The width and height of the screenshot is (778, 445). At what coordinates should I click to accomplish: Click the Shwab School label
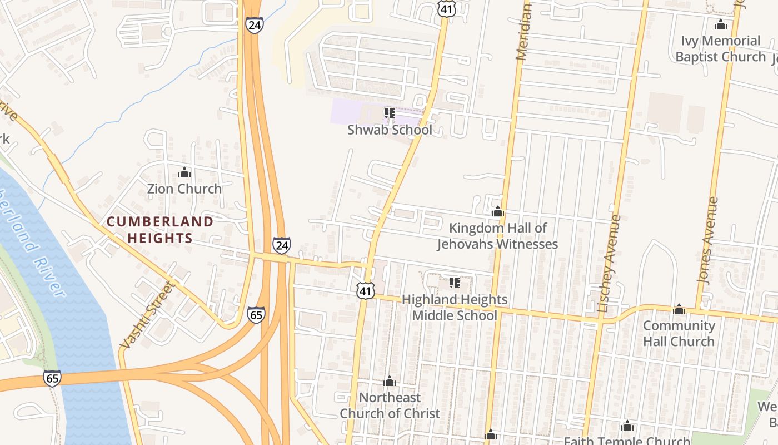point(390,130)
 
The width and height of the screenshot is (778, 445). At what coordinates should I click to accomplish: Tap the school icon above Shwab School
point(390,113)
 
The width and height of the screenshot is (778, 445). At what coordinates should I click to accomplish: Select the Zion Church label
point(184,189)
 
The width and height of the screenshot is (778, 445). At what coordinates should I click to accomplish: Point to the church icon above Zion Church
point(184,173)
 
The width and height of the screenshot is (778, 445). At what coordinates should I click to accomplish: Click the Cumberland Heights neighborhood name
point(160,230)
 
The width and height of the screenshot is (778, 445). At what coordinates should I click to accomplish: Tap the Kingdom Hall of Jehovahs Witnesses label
point(497,236)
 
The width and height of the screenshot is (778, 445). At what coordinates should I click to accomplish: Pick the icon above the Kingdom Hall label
point(498,212)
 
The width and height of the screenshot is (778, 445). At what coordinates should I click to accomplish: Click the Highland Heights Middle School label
point(454,308)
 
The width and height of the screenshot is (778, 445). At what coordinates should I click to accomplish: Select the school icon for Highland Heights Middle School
point(455,283)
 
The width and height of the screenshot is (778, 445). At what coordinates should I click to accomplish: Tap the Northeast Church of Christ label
point(390,406)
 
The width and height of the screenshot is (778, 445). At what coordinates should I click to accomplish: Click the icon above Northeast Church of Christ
point(390,381)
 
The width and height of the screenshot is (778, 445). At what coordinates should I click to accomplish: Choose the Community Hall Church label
point(679,333)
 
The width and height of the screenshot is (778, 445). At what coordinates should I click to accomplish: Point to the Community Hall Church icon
point(679,309)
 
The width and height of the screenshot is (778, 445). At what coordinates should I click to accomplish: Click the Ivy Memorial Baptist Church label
point(721,49)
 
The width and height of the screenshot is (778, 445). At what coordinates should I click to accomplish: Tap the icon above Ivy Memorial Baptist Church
point(721,25)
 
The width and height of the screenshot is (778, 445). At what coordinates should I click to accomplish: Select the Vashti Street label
point(147,315)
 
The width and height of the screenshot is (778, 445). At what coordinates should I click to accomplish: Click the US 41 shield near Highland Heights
point(366,290)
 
